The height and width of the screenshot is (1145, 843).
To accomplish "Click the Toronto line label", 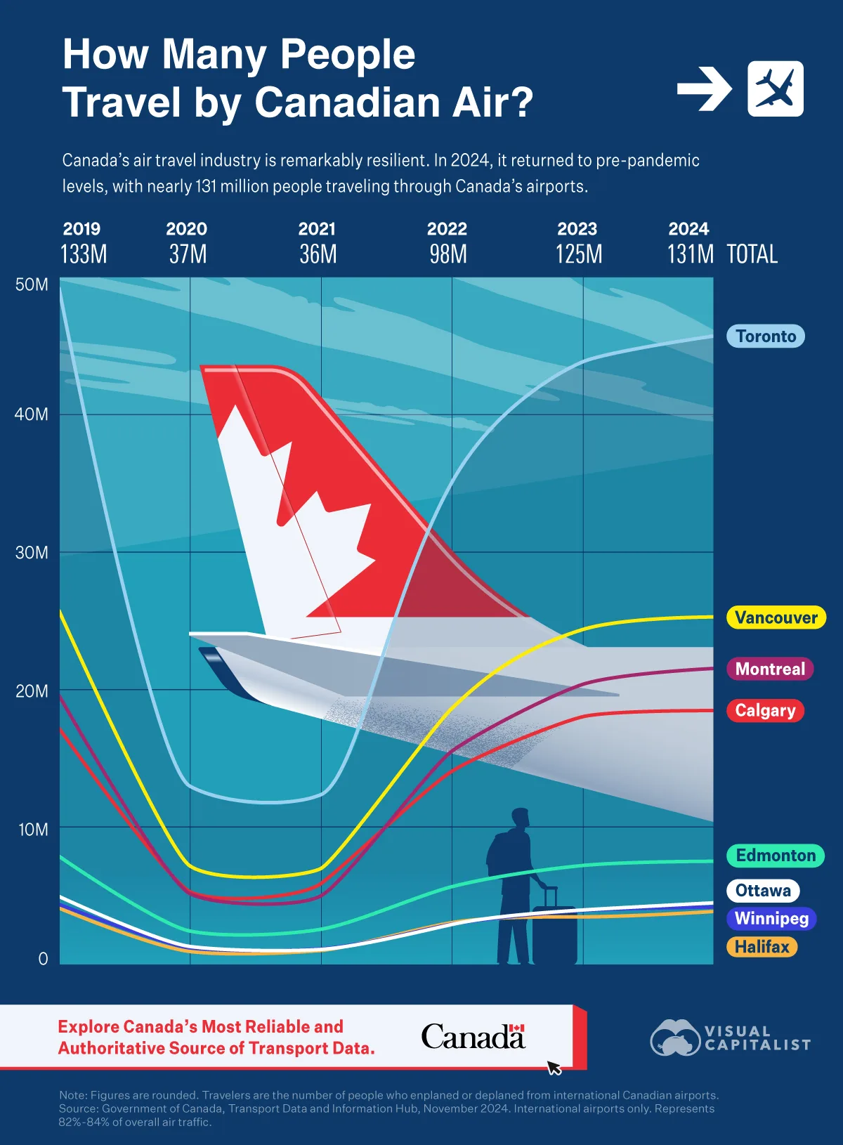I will [x=766, y=336].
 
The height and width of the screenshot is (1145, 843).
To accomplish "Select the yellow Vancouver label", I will [x=776, y=617].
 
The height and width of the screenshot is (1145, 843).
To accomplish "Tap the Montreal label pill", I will [x=770, y=669].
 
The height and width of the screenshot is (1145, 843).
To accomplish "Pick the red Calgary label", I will [x=765, y=710].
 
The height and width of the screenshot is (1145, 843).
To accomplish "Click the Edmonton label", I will [x=776, y=856].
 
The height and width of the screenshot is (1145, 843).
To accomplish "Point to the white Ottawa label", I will [x=763, y=891].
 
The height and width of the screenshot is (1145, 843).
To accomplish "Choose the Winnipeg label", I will [x=771, y=918].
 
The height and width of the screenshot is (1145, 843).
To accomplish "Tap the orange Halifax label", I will [x=762, y=947].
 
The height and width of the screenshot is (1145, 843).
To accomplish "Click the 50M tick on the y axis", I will [x=32, y=284].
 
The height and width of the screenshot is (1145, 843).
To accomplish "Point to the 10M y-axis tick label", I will [x=33, y=830].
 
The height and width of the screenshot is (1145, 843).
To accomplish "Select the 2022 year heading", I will [x=447, y=229].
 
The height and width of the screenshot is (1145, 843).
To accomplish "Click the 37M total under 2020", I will [x=188, y=254].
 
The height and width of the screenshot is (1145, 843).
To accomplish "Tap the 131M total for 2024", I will [x=690, y=254].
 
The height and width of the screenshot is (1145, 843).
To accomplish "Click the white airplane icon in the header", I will [x=776, y=89].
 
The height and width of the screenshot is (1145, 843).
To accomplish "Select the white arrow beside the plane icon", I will [x=705, y=89].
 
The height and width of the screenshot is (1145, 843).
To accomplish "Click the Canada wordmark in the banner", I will [x=473, y=1037].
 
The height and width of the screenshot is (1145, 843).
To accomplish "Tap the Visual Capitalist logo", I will [x=731, y=1038].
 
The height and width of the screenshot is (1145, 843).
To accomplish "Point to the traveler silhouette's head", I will [x=520, y=818].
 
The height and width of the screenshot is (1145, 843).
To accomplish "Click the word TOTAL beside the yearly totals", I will [x=752, y=254].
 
